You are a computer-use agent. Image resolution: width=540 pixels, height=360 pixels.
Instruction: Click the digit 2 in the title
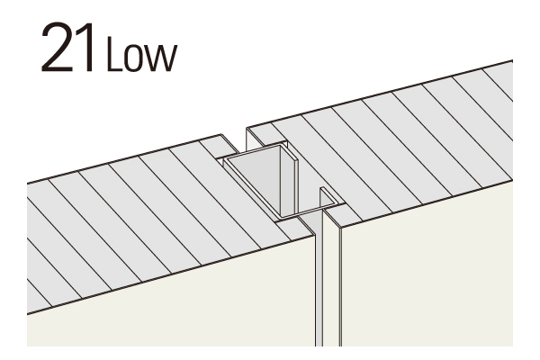(57, 47)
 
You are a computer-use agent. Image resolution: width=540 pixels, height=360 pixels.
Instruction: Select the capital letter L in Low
(114, 54)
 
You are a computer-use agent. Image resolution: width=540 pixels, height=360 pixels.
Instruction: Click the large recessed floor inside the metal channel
(256, 179)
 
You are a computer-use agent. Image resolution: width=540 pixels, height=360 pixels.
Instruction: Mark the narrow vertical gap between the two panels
(319, 279)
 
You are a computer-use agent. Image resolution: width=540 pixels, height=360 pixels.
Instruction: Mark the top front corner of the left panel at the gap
(315, 236)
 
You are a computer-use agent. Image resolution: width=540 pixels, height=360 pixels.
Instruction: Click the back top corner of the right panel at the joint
(247, 128)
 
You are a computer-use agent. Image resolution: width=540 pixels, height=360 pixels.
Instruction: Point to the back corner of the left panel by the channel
(220, 135)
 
